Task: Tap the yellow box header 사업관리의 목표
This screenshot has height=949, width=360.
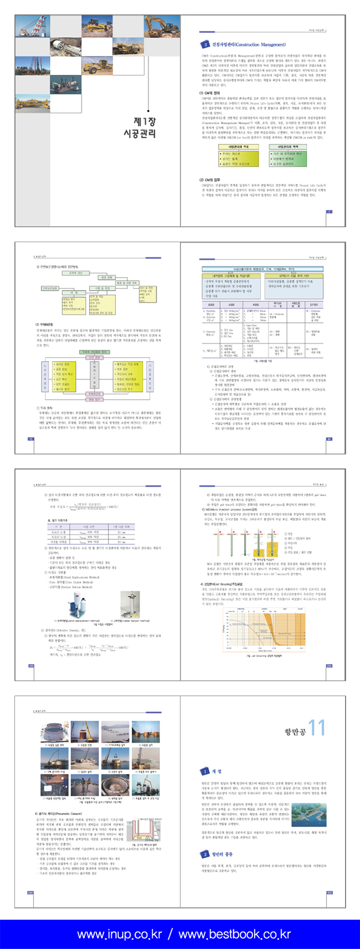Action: [238, 147]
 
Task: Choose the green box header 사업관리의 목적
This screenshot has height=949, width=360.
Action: [289, 147]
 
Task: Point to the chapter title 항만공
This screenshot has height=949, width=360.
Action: [295, 731]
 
